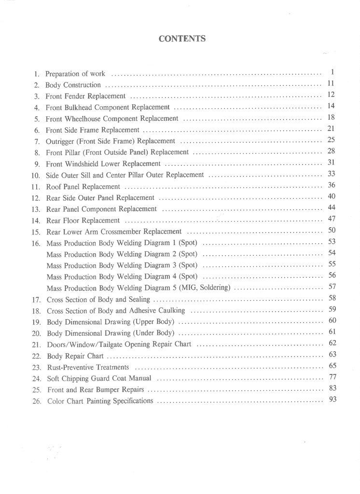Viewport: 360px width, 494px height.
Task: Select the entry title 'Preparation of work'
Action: click(x=75, y=74)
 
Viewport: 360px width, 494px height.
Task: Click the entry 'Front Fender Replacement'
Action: click(x=86, y=96)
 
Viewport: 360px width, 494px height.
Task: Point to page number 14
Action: click(x=331, y=106)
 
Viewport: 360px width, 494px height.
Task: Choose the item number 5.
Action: click(x=37, y=119)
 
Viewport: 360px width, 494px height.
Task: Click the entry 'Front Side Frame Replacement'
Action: click(x=93, y=130)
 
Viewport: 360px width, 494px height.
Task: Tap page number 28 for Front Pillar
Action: click(x=331, y=151)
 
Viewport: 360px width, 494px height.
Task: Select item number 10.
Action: click(x=35, y=175)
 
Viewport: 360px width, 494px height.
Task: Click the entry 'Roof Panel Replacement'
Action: click(x=83, y=186)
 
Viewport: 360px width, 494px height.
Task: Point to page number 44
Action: click(x=331, y=207)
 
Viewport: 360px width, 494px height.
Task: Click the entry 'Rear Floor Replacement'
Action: click(x=83, y=220)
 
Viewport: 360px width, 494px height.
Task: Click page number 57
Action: click(x=332, y=287)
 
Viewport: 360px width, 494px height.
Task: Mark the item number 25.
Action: click(x=36, y=389)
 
